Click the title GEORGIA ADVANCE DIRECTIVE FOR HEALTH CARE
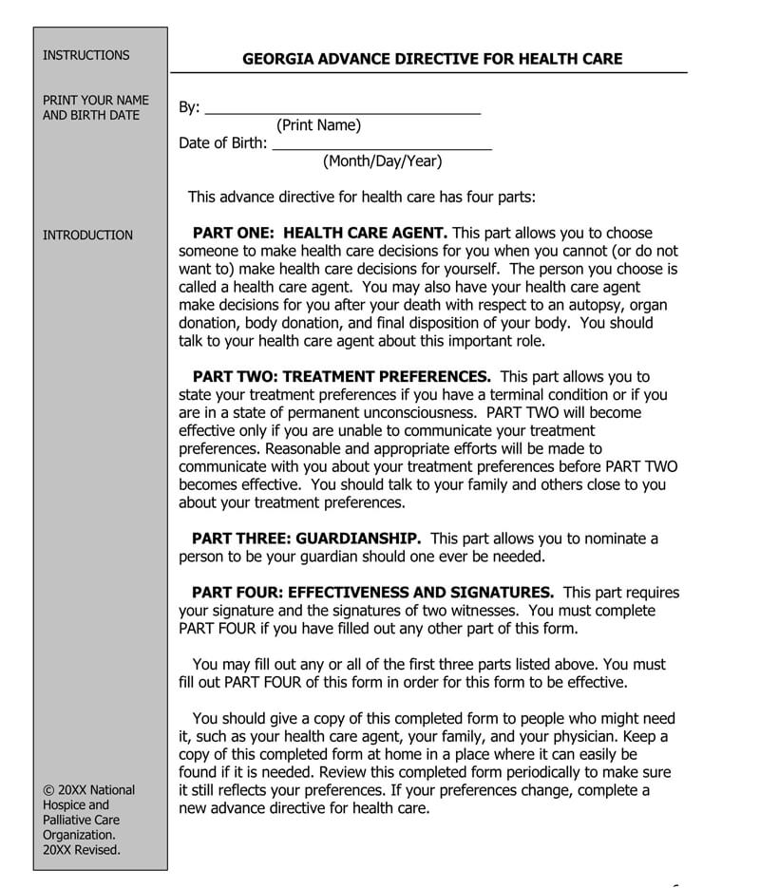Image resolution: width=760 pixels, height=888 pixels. [x=432, y=59]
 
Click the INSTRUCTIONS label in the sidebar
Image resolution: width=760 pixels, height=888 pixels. [x=85, y=55]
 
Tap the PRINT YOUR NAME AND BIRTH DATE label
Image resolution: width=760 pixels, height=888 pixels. [x=90, y=107]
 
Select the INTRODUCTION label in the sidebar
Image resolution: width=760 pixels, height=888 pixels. [x=87, y=235]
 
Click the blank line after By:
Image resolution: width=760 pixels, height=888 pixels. [x=342, y=108]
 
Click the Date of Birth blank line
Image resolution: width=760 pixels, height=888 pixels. [x=381, y=144]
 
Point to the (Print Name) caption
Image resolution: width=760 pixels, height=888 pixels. [x=318, y=125]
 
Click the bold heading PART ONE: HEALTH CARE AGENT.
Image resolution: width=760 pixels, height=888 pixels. [x=319, y=233]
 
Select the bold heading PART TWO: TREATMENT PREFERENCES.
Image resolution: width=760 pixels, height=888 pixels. [x=341, y=377]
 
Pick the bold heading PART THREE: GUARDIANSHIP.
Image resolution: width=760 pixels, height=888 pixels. [x=307, y=538]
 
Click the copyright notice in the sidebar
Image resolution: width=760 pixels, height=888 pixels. [x=89, y=820]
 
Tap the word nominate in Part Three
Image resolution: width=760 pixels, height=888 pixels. [x=615, y=538]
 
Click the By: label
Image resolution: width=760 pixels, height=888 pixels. [x=189, y=107]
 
